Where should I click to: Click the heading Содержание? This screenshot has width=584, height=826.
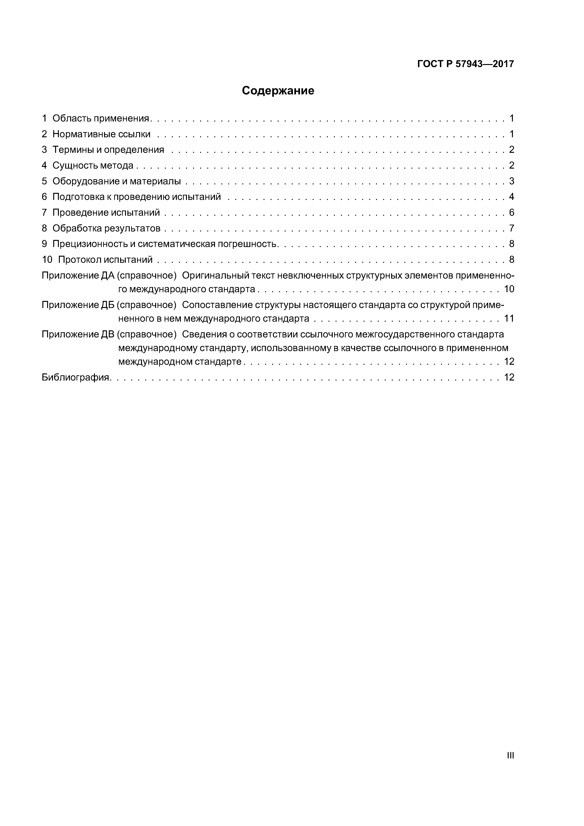point(278,91)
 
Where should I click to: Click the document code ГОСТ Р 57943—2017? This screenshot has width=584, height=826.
point(466,64)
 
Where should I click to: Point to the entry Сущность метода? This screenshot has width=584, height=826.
point(93,166)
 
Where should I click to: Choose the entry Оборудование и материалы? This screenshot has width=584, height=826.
point(117,181)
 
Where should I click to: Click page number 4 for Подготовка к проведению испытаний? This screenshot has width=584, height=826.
point(511,197)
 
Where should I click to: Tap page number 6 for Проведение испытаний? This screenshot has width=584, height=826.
point(511,213)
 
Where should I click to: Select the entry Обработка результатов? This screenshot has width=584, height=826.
point(106,228)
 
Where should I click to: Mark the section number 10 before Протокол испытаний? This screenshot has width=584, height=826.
point(47,260)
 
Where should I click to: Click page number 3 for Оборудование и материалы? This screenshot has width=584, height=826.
point(511,181)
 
